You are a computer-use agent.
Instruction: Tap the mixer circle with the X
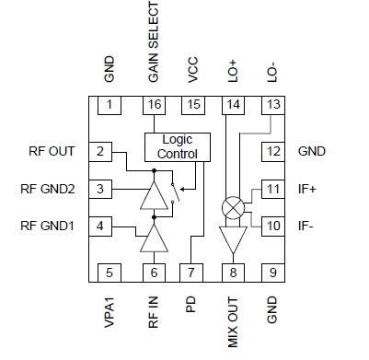pos(234,207)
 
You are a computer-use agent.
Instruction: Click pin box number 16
pos(154,106)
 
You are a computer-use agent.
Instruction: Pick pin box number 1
pos(110,106)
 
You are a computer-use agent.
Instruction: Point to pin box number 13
pos(272,106)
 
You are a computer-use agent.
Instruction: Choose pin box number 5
pos(110,272)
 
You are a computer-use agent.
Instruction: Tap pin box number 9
pos(272,272)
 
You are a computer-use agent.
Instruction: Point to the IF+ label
pos(308,189)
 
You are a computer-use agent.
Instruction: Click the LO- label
pos(272,73)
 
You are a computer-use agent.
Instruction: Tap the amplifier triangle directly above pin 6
pos(153,238)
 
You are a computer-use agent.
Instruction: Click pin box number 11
pos(272,189)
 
